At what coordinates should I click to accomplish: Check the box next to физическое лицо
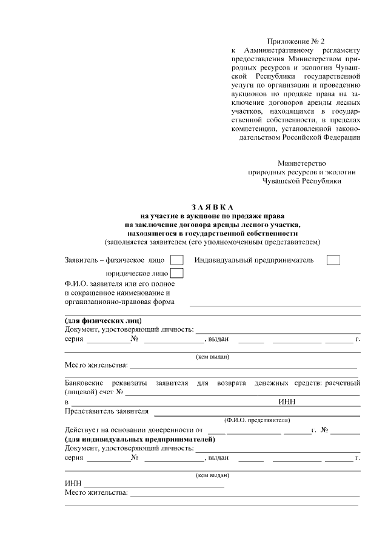click(x=176, y=260)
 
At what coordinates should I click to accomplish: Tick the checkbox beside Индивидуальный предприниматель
click(x=333, y=260)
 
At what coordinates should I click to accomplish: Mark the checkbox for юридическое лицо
click(x=176, y=273)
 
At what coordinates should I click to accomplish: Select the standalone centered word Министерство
click(x=301, y=163)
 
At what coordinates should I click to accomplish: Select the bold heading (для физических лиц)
click(x=104, y=320)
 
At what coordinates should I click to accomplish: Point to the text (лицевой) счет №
click(x=94, y=392)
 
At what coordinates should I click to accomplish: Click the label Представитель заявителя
click(x=106, y=411)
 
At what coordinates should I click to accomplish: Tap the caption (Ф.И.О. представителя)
click(x=256, y=420)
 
